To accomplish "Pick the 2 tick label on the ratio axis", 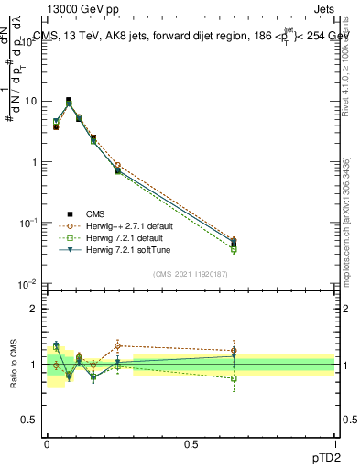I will coord(34,308).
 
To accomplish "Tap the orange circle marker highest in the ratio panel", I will coord(117,345).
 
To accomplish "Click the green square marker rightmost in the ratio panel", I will coord(234,378).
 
